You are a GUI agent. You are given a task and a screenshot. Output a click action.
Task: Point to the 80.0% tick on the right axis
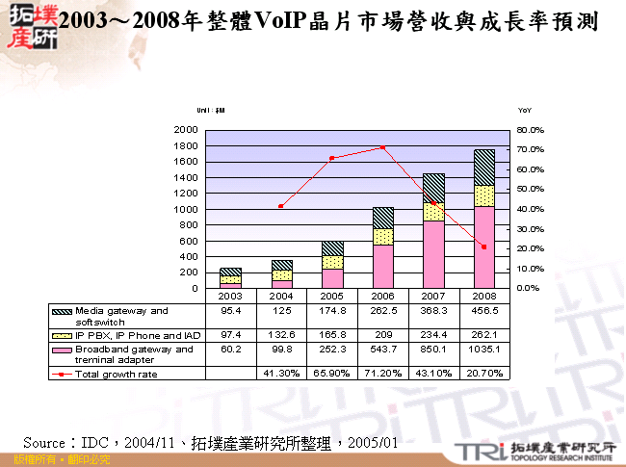pos(531,129)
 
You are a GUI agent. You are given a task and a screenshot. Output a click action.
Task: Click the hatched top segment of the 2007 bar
pos(433,188)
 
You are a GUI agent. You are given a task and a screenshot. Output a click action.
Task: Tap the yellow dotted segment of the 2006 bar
pos(383,236)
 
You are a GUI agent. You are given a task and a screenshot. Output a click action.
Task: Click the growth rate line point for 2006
pos(383,147)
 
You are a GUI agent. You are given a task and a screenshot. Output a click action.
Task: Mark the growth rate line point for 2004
pos(281,206)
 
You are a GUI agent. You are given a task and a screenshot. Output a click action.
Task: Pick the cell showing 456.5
pos(483,311)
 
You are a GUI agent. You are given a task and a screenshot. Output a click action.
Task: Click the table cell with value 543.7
pos(382,352)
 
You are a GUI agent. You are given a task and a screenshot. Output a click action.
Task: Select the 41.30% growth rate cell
pos(281,374)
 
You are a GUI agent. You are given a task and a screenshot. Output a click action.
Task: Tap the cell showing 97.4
pos(230,333)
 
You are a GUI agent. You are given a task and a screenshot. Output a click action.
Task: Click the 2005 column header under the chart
pos(332,297)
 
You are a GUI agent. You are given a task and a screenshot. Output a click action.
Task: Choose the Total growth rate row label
pos(116,374)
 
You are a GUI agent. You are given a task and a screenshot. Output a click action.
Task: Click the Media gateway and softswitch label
pos(121,315)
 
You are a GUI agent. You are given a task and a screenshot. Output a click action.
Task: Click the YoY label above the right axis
pos(524,111)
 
